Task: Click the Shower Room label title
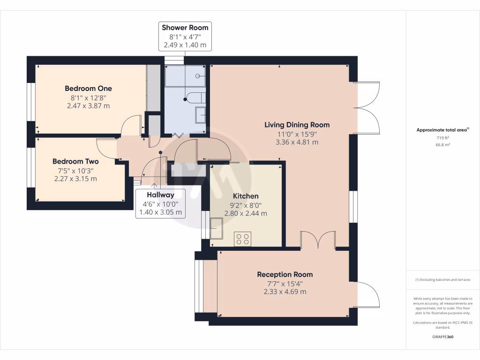point(185,28)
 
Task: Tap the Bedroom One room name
point(88,89)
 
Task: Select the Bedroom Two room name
point(75,161)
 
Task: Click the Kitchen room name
point(246,196)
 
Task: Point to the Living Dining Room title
point(297,125)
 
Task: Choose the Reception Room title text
point(285,275)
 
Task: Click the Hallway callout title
point(160,195)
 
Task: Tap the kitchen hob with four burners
point(242,239)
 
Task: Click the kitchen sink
point(217,228)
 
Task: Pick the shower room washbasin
point(201,115)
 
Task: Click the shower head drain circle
point(198,76)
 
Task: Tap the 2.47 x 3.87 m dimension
point(88,106)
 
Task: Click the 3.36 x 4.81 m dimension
point(297,142)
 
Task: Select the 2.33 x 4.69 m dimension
point(285,292)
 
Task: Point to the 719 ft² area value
point(442,138)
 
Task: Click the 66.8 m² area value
point(442,145)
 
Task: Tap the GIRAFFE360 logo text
point(442,337)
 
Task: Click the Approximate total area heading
point(442,130)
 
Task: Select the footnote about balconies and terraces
point(442,280)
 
